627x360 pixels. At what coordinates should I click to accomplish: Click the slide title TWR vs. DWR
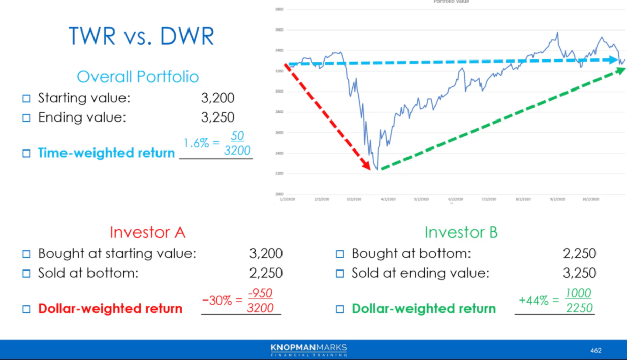[x=141, y=37]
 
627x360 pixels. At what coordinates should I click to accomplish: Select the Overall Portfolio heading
[x=138, y=77]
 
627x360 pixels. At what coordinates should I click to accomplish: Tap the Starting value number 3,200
[x=217, y=98]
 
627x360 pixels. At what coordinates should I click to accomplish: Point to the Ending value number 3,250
[x=217, y=117]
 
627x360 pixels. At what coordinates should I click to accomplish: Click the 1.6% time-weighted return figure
[x=196, y=143]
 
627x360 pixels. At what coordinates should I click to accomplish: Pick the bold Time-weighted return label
[x=106, y=153]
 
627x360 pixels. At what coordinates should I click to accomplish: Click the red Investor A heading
[x=147, y=232]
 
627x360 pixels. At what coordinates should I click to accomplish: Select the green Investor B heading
[x=461, y=232]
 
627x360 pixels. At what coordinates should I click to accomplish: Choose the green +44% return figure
[x=534, y=300]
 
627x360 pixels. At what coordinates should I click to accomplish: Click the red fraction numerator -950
[x=260, y=293]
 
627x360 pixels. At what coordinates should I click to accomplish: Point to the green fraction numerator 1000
[x=578, y=293]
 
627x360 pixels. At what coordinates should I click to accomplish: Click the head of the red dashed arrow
[x=366, y=165]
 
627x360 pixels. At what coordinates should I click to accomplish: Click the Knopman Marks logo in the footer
[x=308, y=350]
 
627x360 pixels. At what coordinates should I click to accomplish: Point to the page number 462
[x=595, y=350]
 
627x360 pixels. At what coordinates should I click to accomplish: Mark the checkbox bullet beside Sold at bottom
[x=27, y=274]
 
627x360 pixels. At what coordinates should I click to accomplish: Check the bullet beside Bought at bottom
[x=340, y=254]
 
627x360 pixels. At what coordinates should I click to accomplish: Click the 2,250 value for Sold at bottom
[x=266, y=273]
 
